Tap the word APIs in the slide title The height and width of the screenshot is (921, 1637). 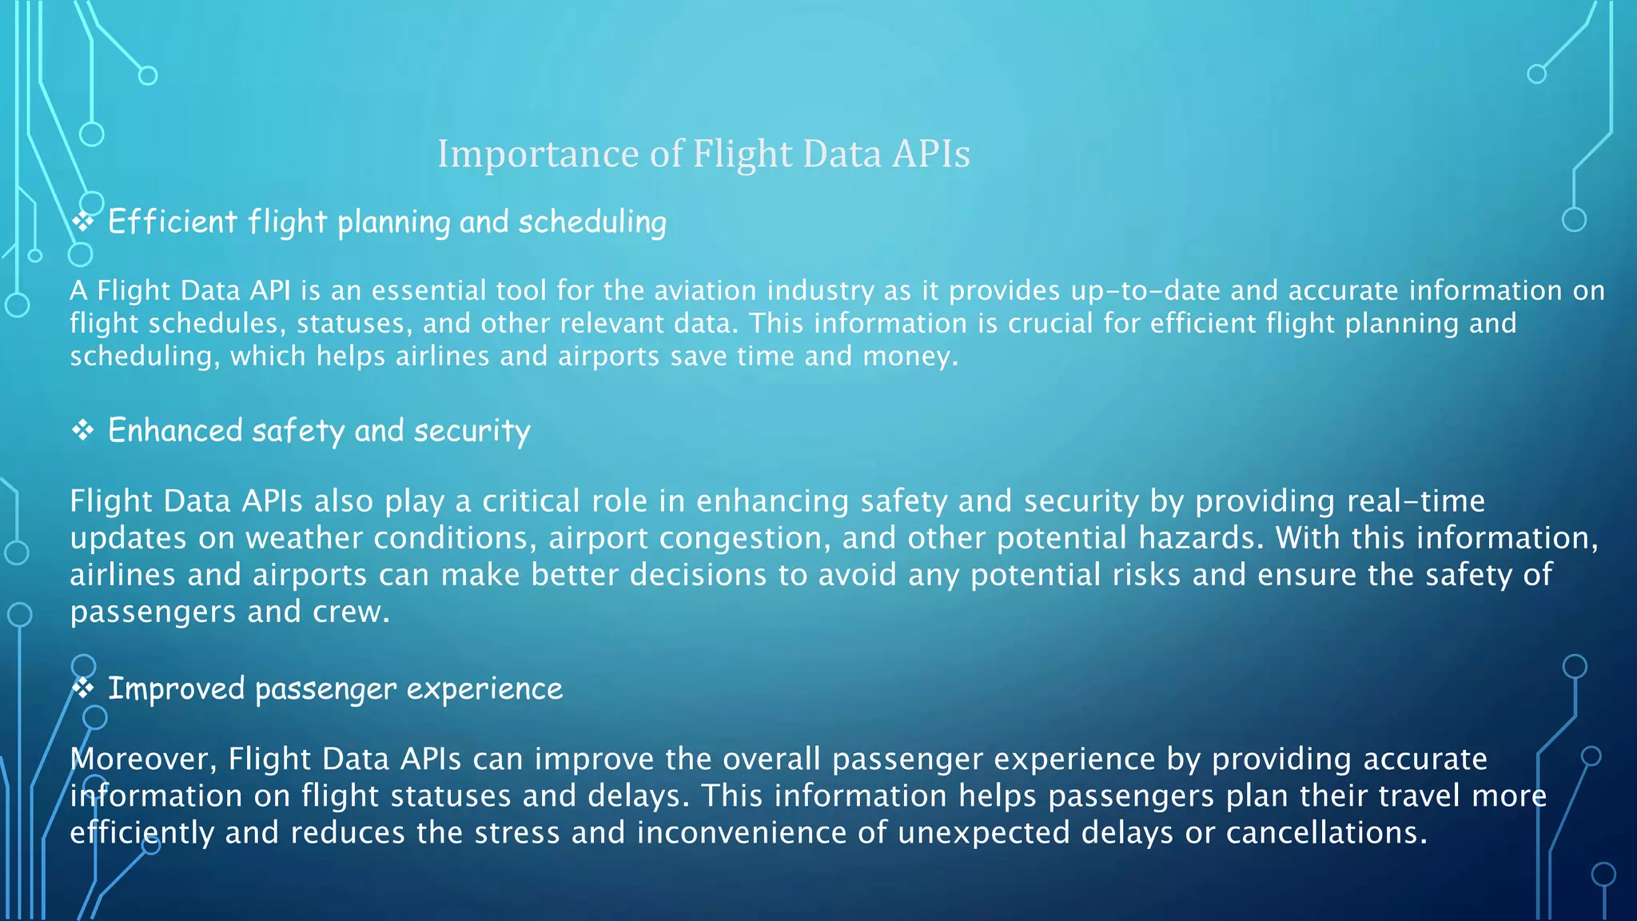[930, 153]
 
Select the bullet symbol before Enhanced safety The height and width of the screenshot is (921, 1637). [83, 431]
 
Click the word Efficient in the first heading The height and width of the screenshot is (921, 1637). [173, 222]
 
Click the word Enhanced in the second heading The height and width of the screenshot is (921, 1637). [175, 431]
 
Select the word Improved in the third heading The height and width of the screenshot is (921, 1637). [176, 689]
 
